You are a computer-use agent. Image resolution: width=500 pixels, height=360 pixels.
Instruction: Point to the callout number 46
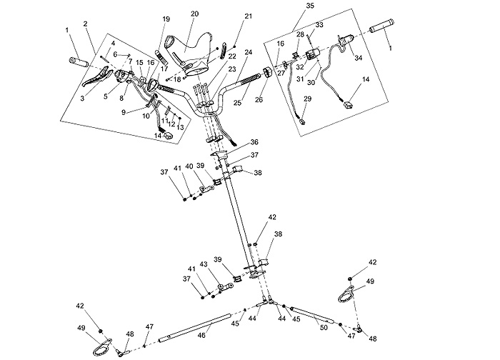pyautogui.click(x=202, y=334)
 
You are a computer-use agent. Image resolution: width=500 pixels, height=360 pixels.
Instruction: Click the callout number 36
pyautogui.click(x=254, y=142)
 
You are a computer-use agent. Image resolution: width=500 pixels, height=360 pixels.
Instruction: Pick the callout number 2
pyautogui.click(x=85, y=24)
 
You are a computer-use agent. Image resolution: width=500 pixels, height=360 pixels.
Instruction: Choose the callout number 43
pyautogui.click(x=204, y=265)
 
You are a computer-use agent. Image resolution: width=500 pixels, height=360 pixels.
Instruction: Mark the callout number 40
pyautogui.click(x=189, y=166)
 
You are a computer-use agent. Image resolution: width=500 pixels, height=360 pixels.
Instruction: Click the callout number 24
pyautogui.click(x=249, y=52)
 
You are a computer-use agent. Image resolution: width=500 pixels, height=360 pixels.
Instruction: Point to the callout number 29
pyautogui.click(x=306, y=99)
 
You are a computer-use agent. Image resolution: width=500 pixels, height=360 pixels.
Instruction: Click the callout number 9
pyautogui.click(x=123, y=112)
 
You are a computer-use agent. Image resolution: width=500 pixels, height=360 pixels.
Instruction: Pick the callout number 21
pyautogui.click(x=249, y=16)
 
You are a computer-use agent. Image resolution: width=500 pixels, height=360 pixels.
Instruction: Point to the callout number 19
pyautogui.click(x=166, y=19)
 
